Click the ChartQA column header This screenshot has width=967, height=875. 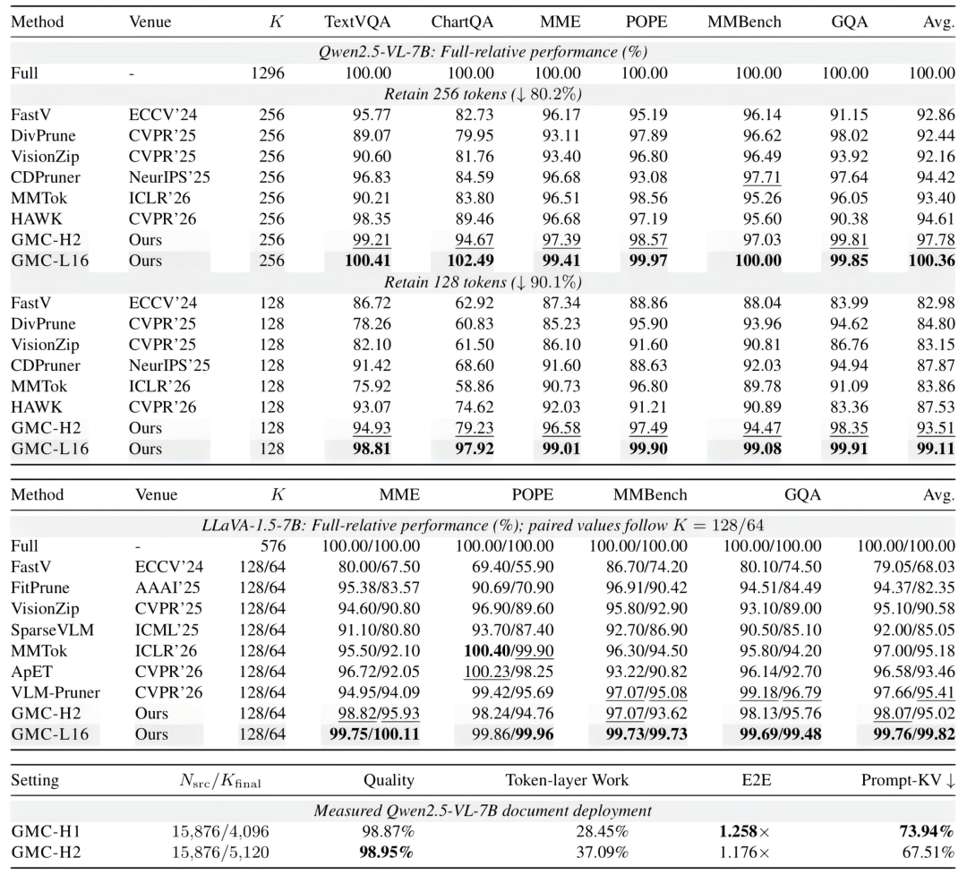coord(462,21)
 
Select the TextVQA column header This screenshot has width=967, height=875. coord(357,21)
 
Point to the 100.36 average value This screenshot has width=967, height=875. coord(932,261)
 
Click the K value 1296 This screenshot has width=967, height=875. coord(268,73)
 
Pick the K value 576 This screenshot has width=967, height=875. coord(273,546)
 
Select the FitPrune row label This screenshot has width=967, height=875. coord(40,588)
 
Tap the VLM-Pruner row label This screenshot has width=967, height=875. coord(56,692)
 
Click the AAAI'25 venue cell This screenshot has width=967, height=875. coord(167,588)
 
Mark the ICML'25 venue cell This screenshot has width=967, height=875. coord(167,630)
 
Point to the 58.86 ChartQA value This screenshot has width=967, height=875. coord(475,386)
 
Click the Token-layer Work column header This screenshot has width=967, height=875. coord(568,780)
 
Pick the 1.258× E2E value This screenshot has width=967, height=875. coord(745,831)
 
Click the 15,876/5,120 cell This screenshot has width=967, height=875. coord(220,853)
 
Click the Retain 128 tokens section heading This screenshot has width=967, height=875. coord(483,282)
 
